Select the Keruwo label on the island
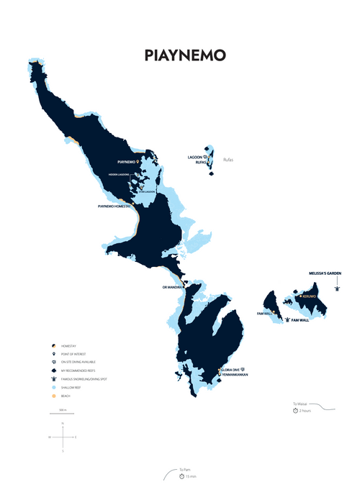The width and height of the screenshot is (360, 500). [x=310, y=296]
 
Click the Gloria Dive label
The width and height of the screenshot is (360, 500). [x=230, y=369]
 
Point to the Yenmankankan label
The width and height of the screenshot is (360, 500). [x=235, y=374]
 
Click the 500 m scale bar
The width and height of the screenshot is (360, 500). [x=62, y=413]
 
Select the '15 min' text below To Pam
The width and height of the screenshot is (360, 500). [x=190, y=476]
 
